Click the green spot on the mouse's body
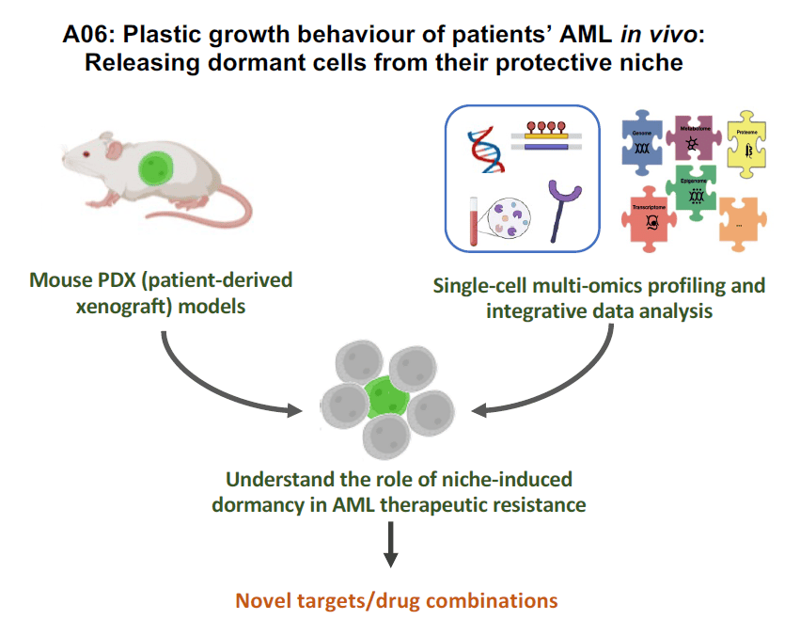pyautogui.click(x=154, y=169)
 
